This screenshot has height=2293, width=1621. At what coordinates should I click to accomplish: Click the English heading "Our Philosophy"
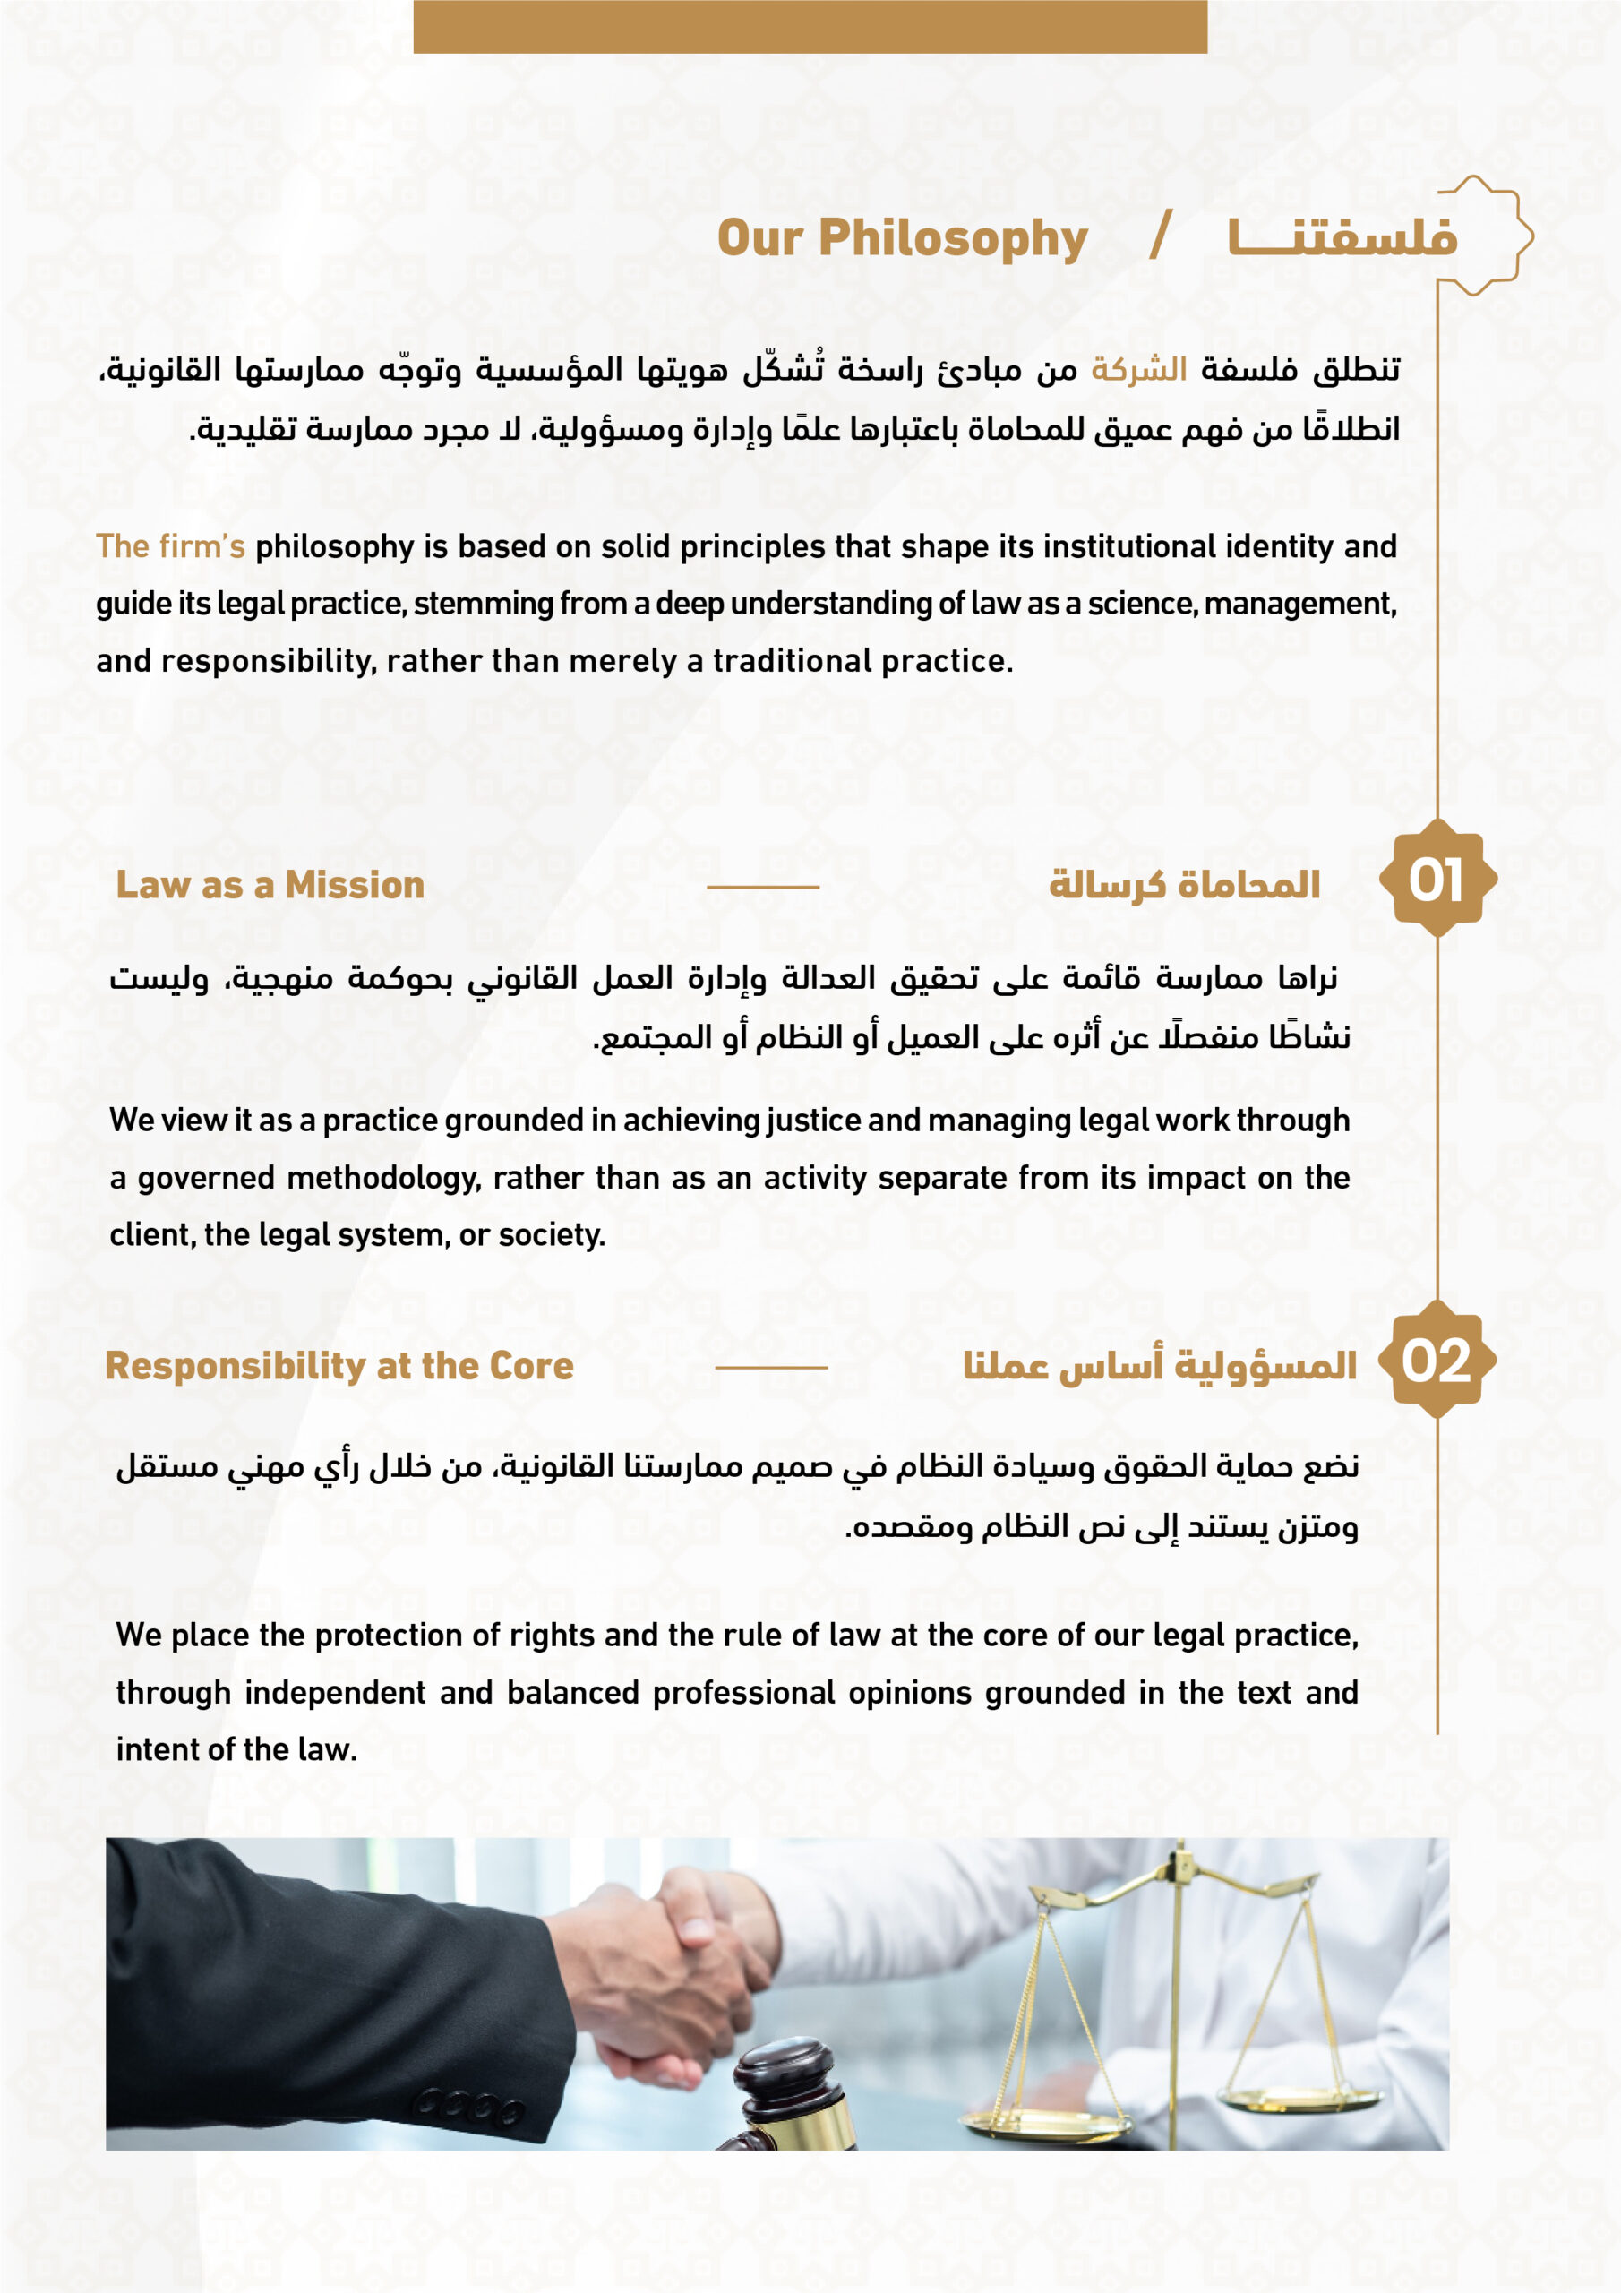pyautogui.click(x=902, y=240)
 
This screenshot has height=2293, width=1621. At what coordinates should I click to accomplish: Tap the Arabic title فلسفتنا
pyautogui.click(x=1342, y=237)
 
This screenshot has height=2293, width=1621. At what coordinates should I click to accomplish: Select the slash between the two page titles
pyautogui.click(x=1160, y=236)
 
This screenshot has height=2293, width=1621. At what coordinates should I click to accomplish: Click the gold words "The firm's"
pyautogui.click(x=170, y=546)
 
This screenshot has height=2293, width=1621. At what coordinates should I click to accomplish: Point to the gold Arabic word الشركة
pyautogui.click(x=1138, y=370)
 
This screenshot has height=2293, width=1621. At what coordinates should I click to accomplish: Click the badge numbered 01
pyautogui.click(x=1437, y=879)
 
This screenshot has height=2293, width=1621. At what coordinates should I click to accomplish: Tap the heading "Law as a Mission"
pyautogui.click(x=270, y=885)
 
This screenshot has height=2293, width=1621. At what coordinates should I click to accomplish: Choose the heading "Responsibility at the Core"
pyautogui.click(x=339, y=1365)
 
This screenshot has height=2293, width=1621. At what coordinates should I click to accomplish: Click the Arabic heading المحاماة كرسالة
pyautogui.click(x=1184, y=885)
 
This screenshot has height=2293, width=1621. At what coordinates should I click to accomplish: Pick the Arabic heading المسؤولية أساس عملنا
pyautogui.click(x=1160, y=1365)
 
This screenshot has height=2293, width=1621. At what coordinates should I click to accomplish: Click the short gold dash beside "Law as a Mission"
pyautogui.click(x=762, y=886)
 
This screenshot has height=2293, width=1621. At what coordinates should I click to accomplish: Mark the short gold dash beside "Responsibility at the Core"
pyautogui.click(x=771, y=1367)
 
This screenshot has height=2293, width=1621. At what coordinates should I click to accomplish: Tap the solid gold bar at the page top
pyautogui.click(x=810, y=26)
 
